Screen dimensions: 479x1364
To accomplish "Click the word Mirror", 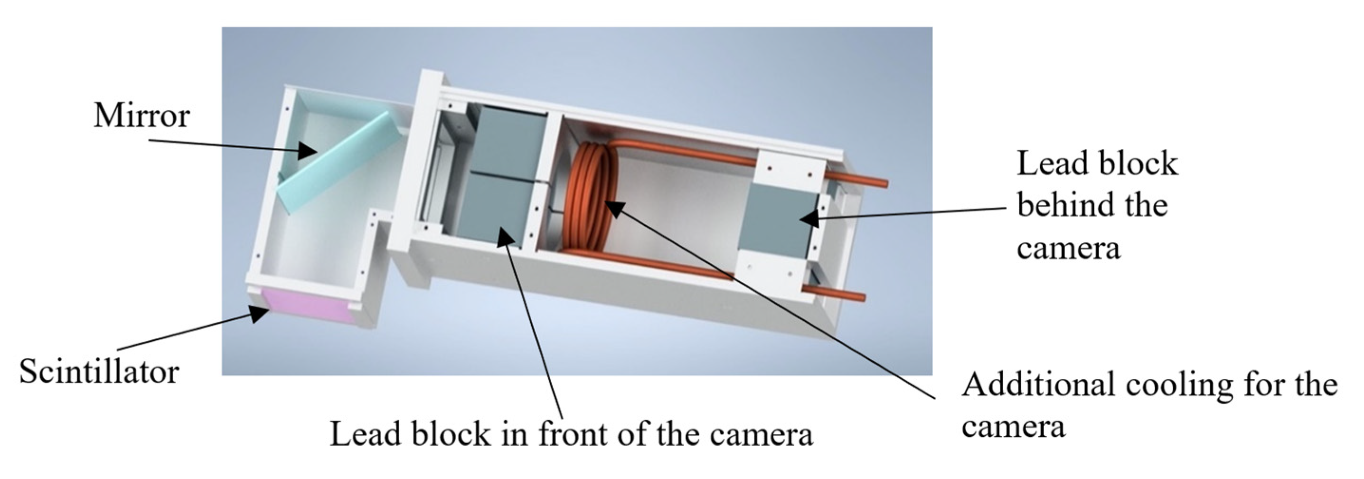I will pyautogui.click(x=141, y=115).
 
